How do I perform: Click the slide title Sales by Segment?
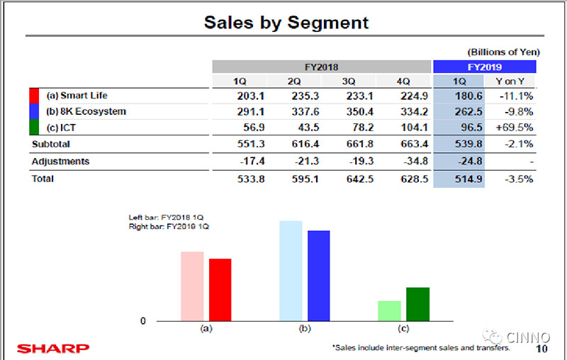coord(286,22)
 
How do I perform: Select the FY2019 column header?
coord(484,67)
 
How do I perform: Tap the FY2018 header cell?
coord(322,67)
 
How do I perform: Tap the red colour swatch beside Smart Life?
coord(34,95)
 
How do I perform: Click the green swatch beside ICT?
coord(34,128)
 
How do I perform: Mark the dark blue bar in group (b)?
coord(318,276)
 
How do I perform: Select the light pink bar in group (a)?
coord(192,286)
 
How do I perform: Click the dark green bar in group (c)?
coord(417,304)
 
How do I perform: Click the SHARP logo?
coord(53,348)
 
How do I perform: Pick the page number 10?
coord(542,349)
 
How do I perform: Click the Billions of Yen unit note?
coord(503,52)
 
